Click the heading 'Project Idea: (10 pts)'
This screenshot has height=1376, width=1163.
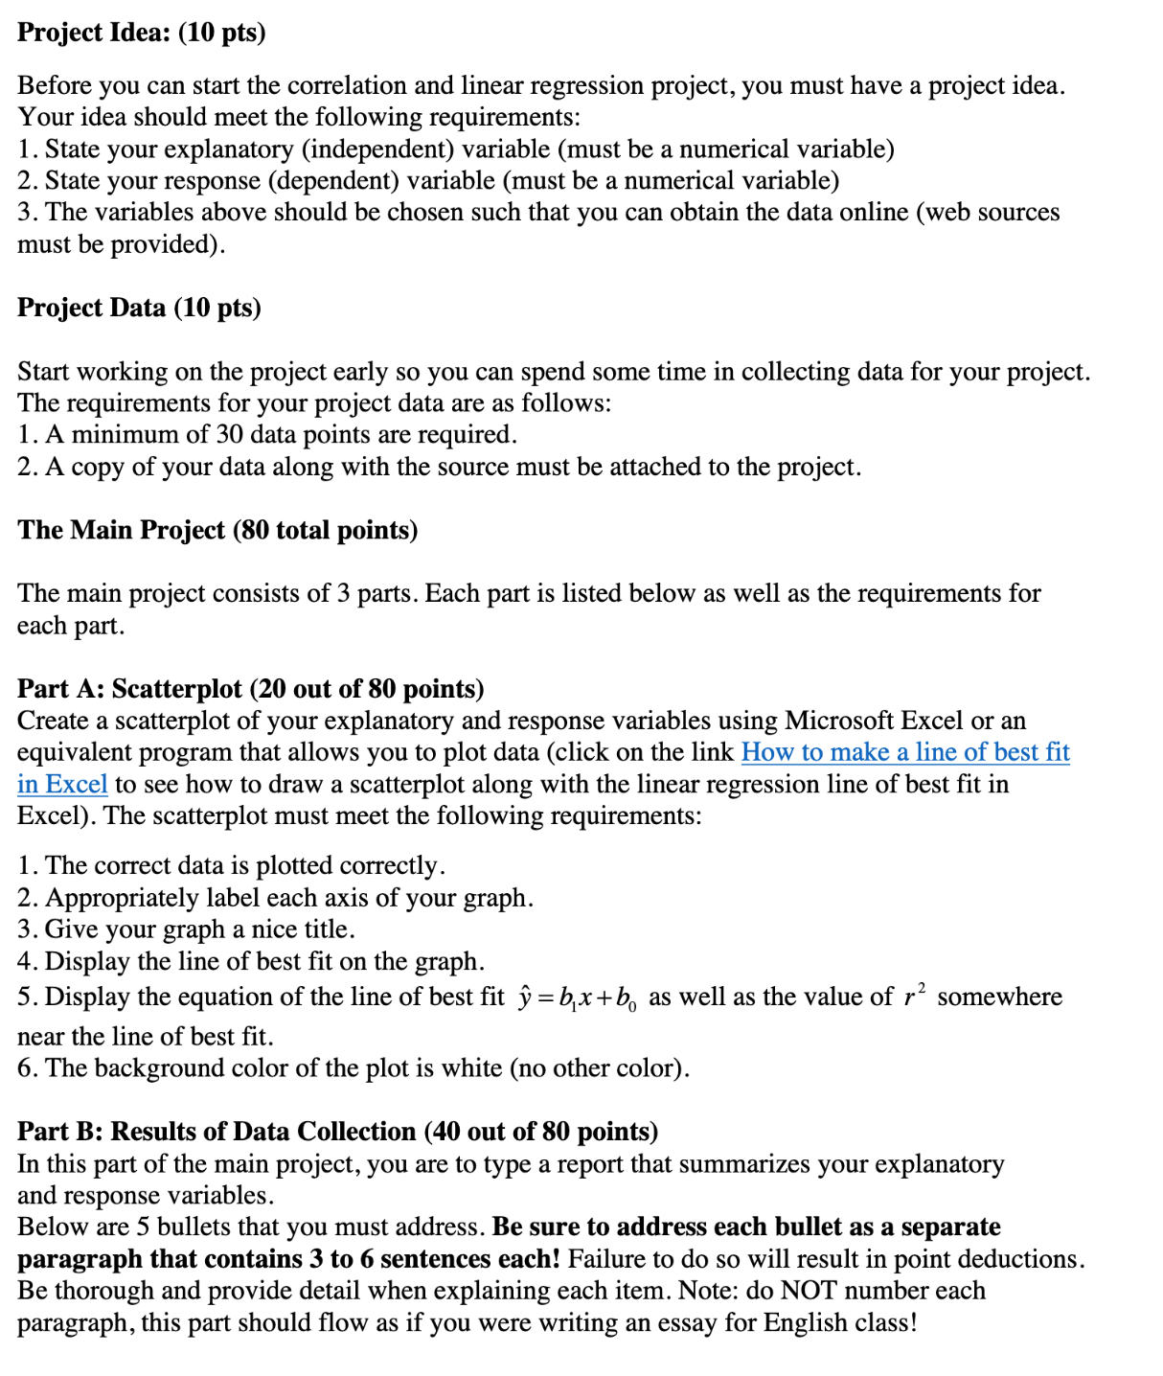click(x=141, y=33)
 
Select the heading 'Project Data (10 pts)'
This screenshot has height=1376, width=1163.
click(x=139, y=308)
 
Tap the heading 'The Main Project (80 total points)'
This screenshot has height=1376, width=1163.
click(x=217, y=530)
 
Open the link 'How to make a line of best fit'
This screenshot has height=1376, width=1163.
click(x=904, y=752)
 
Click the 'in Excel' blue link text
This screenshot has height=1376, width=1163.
click(x=62, y=784)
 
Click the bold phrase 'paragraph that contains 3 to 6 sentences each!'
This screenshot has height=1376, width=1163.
click(x=288, y=1259)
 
